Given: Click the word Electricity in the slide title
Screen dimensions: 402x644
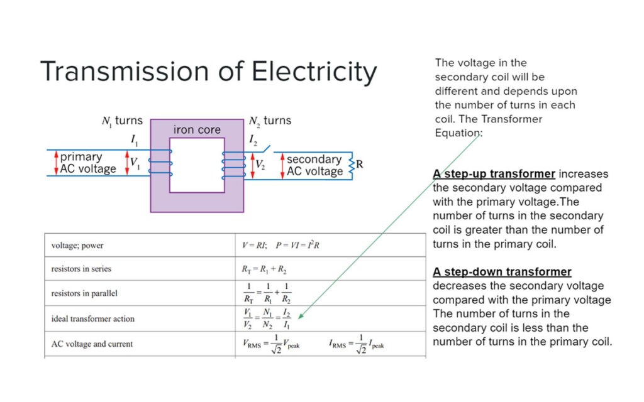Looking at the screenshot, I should [x=314, y=72].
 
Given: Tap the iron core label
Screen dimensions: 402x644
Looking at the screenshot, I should [x=197, y=130].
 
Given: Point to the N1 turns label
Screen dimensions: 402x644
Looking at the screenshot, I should [x=122, y=120].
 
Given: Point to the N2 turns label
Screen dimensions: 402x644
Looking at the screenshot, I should [x=270, y=120].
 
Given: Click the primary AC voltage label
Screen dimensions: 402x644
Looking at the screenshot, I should [x=88, y=163].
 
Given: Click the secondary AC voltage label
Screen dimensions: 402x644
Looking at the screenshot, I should [x=314, y=165].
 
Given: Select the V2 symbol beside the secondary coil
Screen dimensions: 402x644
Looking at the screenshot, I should [x=260, y=165].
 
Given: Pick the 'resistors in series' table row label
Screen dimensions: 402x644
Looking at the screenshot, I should [x=81, y=269].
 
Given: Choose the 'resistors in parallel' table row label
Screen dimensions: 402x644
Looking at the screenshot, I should [x=84, y=293].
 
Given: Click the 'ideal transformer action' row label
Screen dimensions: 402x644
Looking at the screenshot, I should [x=92, y=318].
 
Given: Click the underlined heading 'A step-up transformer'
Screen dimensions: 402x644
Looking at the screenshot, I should [x=494, y=174].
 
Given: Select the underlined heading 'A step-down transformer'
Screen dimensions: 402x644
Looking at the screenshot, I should [x=502, y=272].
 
